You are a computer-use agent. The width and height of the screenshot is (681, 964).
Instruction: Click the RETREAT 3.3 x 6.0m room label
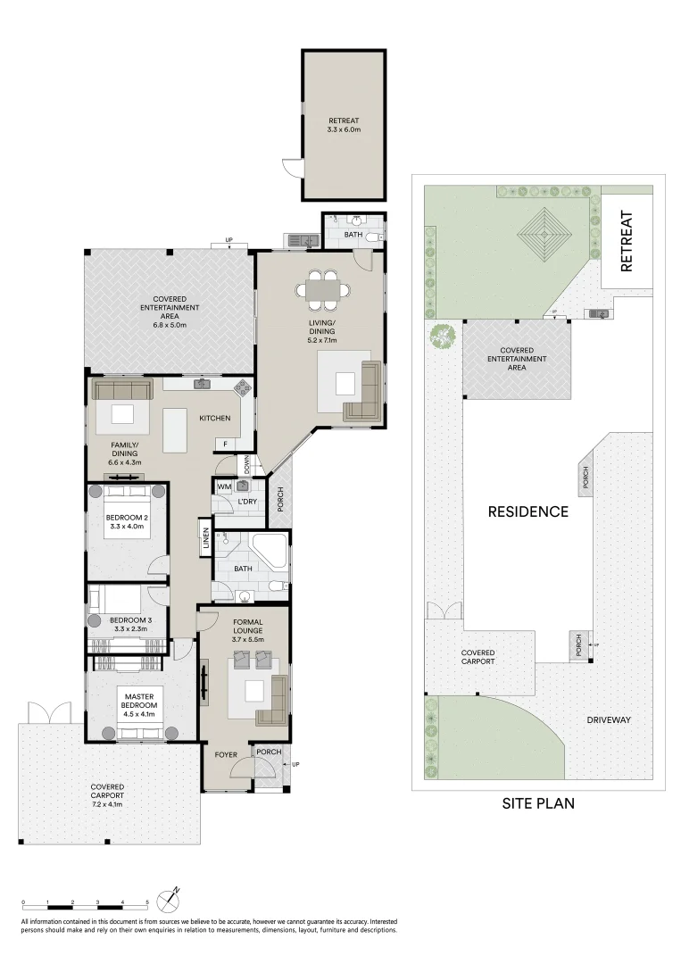click(x=345, y=126)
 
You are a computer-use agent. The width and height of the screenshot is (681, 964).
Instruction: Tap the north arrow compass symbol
click(x=168, y=901)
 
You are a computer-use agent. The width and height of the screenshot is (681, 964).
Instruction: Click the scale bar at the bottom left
click(x=86, y=907)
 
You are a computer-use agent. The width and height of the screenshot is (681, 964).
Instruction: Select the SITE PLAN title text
click(x=538, y=803)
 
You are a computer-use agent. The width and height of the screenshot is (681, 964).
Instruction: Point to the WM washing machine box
click(x=224, y=487)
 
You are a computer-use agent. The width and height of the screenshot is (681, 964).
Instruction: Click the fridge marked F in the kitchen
click(x=226, y=445)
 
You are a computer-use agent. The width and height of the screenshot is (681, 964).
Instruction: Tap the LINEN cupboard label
click(x=206, y=538)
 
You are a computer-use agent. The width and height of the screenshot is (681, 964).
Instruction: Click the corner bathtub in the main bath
click(x=270, y=550)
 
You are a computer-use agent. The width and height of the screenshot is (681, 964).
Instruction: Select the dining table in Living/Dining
click(x=322, y=289)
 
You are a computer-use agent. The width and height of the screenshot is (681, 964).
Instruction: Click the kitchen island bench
click(x=175, y=430)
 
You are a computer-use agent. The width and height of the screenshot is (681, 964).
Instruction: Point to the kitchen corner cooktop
click(x=243, y=386)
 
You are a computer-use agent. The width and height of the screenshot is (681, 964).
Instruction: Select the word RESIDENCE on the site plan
click(x=528, y=511)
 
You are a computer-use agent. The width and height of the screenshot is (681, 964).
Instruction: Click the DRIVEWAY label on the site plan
click(x=609, y=720)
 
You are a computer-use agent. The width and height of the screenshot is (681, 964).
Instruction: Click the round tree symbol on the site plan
click(x=443, y=336)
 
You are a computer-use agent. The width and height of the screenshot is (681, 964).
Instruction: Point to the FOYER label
click(x=226, y=755)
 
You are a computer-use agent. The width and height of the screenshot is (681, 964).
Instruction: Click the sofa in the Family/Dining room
click(x=122, y=390)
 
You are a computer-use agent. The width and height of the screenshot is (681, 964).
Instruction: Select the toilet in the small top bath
click(x=374, y=238)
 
